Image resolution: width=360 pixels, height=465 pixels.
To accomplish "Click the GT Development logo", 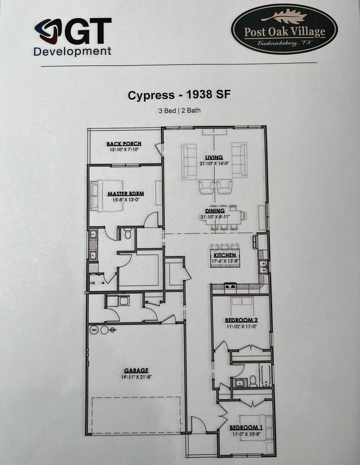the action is point(73,37).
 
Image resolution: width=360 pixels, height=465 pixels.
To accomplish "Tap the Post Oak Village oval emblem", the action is point(284,29).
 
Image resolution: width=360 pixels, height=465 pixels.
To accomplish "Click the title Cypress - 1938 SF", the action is point(179,95).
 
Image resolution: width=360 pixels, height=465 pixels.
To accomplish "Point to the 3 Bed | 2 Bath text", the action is point(179,111).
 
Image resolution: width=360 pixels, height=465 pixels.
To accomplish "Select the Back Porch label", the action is point(124,144).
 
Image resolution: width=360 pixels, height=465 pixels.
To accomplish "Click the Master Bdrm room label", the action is point(126,194).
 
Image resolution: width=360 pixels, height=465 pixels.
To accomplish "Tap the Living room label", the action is point(214,157).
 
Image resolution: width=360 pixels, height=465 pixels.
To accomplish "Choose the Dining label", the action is point(215,211).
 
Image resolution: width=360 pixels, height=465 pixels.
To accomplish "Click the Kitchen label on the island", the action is point(225,255).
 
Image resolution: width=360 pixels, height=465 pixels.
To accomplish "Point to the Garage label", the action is point(136,371).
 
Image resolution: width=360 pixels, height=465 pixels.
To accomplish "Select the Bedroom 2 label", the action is point(241,320).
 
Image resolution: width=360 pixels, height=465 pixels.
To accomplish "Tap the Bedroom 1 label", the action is point(246,427).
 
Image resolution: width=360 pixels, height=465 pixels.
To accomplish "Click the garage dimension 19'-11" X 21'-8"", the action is point(136,377).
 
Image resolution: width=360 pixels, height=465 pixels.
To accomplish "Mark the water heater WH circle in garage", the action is point(94,330).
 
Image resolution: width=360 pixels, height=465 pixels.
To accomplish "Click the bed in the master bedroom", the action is point(106,196).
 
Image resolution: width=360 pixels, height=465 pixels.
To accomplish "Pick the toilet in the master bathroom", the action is point(128,233).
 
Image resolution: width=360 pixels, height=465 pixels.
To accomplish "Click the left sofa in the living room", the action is point(189,162).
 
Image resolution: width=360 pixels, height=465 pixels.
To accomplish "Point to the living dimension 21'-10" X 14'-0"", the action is point(214,163).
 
